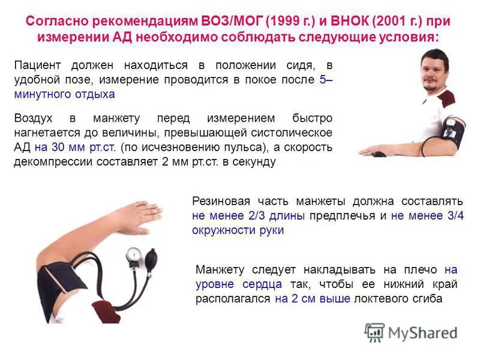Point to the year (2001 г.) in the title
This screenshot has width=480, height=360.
point(398,21)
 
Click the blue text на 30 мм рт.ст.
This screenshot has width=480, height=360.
point(76,148)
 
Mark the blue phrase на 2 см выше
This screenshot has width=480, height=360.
point(312,299)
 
